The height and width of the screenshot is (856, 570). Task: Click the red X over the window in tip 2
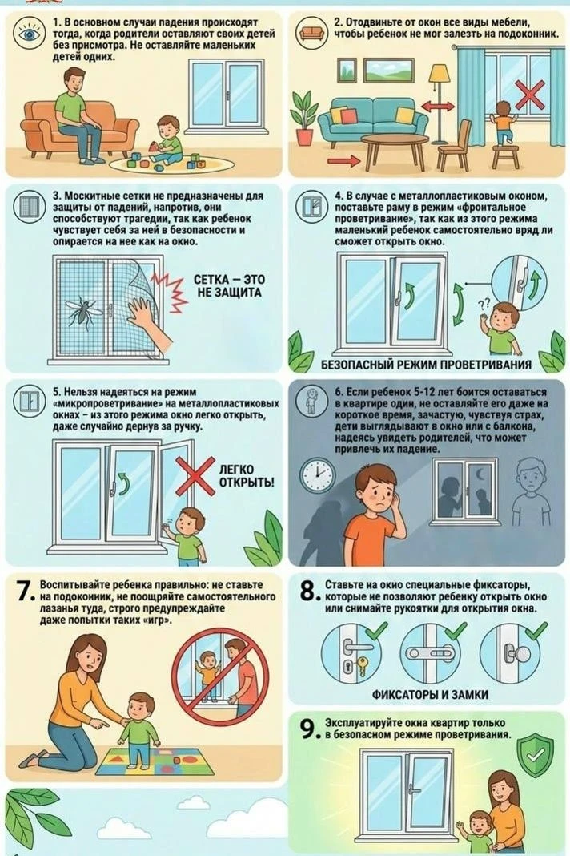530,95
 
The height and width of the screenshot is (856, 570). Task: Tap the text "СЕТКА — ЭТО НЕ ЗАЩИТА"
229,286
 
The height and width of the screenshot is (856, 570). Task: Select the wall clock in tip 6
318,475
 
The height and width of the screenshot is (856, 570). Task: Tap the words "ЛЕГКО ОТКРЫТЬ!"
247,476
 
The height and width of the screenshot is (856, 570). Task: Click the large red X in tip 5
195,476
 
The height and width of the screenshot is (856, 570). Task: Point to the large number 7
26,592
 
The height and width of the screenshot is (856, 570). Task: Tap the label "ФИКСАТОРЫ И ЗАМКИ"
430,695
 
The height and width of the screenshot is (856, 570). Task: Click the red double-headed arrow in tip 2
439,107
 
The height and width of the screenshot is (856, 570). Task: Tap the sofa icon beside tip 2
311,33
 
